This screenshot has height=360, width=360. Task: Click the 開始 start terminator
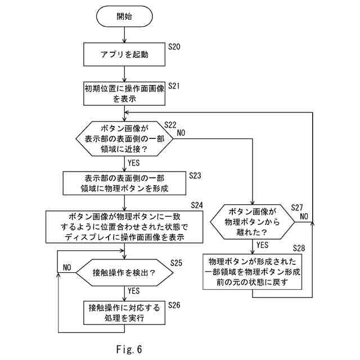click(124, 16)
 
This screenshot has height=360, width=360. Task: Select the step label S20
click(174, 47)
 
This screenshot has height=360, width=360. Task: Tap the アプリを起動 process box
click(124, 55)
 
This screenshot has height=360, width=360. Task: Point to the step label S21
click(174, 86)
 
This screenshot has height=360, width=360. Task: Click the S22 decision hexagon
click(124, 139)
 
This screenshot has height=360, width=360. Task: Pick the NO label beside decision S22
click(181, 133)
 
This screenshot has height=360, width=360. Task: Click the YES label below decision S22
click(134, 163)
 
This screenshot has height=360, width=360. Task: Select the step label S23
click(195, 175)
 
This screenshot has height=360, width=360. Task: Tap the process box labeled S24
click(124, 227)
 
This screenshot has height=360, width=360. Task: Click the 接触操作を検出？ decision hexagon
click(124, 272)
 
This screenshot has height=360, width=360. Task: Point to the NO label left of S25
click(67, 268)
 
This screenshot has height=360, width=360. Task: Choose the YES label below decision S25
click(134, 291)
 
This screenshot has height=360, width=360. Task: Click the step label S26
click(174, 305)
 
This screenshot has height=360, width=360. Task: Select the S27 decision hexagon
click(253, 222)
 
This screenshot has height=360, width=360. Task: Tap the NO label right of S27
click(304, 216)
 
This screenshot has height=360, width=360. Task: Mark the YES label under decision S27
click(262, 245)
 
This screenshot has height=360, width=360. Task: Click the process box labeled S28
click(253, 272)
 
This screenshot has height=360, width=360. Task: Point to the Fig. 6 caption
click(129, 349)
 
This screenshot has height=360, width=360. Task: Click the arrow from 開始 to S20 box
click(124, 35)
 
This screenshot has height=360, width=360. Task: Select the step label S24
click(197, 205)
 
